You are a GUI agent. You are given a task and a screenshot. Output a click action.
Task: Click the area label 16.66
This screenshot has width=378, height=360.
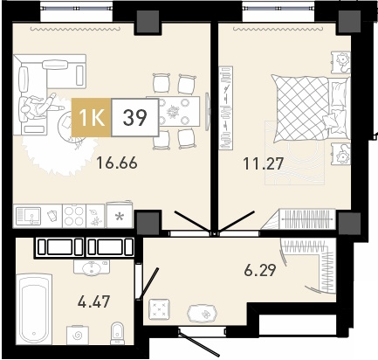pos(117,163)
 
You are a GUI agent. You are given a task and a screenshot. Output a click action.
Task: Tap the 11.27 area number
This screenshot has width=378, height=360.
pos(263,163)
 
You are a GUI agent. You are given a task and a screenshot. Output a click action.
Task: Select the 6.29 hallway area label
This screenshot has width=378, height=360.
pos(259,271)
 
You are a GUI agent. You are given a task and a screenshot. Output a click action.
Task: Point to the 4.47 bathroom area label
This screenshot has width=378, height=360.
pos(93,301)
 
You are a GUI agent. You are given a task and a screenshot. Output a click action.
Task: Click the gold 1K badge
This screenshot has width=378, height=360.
pos(92,117)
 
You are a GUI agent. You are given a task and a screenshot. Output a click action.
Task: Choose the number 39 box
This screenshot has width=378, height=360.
pos(135,117)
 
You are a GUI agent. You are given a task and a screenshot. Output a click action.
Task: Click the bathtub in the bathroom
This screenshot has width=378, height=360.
pos(34,309)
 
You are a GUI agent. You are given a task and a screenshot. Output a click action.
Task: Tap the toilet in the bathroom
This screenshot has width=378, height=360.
pos(118,334)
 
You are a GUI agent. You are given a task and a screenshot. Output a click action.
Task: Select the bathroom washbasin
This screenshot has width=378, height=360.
pos(92,268)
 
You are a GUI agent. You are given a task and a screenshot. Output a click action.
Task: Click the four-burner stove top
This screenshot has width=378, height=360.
pos(74,216)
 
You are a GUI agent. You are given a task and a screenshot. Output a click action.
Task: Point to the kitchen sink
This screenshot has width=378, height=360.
pos(28,216)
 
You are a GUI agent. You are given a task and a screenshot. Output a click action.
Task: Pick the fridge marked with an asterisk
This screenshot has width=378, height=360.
pos(120,215)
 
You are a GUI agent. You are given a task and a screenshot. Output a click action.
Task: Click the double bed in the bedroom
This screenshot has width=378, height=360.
pos(310,108)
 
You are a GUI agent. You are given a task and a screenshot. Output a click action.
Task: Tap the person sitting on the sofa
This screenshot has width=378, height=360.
pos(39,107)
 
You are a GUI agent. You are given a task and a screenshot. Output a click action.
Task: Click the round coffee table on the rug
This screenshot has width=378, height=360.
pos(70,127)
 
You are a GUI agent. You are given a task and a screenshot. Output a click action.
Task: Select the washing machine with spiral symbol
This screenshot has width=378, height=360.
pos(78,336)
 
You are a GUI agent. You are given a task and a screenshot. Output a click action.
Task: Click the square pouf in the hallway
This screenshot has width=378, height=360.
pos(159,309)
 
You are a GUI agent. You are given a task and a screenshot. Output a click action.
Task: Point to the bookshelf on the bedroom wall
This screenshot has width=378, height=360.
pos(226,108)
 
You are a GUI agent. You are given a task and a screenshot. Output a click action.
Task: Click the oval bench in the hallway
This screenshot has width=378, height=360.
pos(203,313)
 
